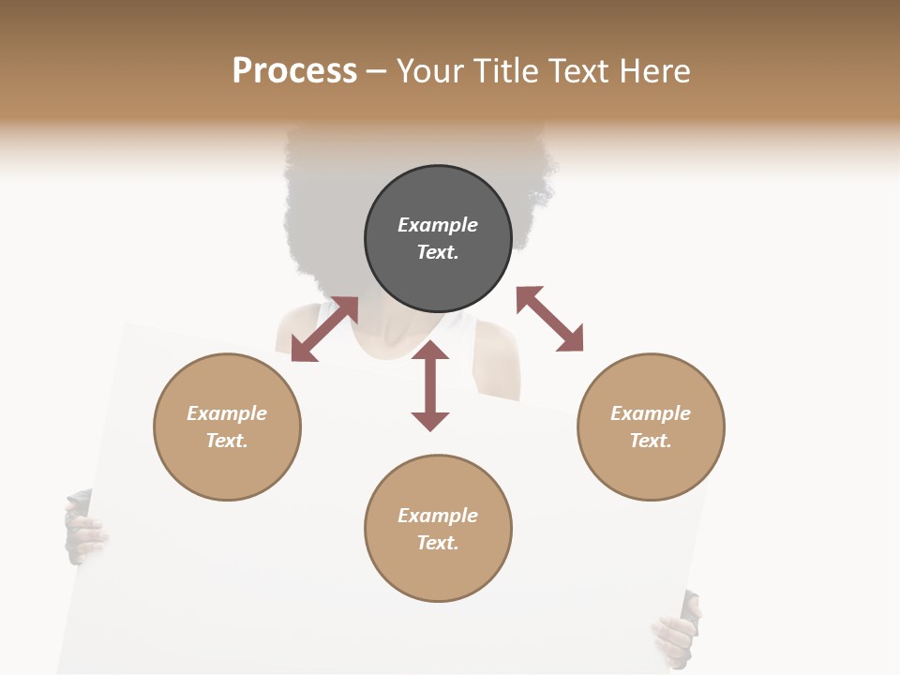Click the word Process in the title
[x=294, y=71]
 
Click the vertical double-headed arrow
[x=430, y=385]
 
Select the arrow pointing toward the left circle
[x=324, y=328]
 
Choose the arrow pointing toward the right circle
[x=549, y=319]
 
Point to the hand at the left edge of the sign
[x=84, y=531]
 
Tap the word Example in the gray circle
[x=438, y=225]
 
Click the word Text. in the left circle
[x=227, y=441]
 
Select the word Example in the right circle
[x=651, y=413]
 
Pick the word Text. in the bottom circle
[x=438, y=543]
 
